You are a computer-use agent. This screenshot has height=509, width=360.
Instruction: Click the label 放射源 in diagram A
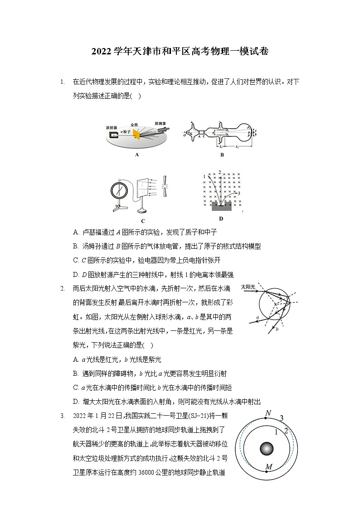[112, 128]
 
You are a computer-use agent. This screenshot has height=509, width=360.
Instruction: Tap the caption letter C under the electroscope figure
[143, 221]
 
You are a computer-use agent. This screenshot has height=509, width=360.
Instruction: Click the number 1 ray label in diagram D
[205, 176]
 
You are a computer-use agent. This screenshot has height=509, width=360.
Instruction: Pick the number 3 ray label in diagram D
[238, 194]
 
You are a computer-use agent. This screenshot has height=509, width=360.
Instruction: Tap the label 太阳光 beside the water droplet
[248, 287]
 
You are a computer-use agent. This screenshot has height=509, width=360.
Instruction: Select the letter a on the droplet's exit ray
[258, 317]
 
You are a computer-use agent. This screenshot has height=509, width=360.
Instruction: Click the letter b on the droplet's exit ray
[276, 330]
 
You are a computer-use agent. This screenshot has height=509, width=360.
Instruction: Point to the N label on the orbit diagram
[268, 413]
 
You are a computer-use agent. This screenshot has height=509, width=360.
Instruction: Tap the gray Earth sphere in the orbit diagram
[267, 449]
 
